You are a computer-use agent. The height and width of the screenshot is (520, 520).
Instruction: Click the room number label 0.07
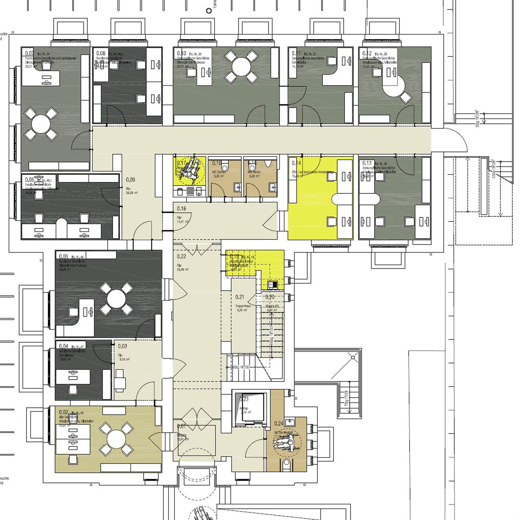(29, 53)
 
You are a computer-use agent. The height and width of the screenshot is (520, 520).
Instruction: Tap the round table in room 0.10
(242, 66)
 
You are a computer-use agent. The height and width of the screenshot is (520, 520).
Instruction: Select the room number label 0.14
(296, 163)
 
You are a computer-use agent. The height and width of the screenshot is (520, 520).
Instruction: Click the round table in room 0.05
(116, 299)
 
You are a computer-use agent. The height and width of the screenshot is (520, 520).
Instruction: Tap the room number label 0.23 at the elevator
(244, 399)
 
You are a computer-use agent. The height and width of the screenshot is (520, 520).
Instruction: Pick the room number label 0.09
(130, 180)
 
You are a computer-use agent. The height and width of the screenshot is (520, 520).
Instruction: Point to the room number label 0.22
(181, 256)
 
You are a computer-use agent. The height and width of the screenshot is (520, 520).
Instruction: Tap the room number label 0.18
(181, 208)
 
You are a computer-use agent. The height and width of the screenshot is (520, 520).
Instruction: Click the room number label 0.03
(122, 346)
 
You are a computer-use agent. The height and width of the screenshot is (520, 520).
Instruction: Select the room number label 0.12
(367, 53)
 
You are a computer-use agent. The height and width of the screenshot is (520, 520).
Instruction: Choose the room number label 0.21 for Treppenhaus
(239, 297)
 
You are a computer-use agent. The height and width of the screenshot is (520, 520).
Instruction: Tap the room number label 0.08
(101, 53)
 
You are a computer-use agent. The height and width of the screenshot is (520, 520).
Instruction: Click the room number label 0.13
(367, 163)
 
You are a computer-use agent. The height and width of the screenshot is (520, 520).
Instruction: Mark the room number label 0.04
(64, 346)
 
